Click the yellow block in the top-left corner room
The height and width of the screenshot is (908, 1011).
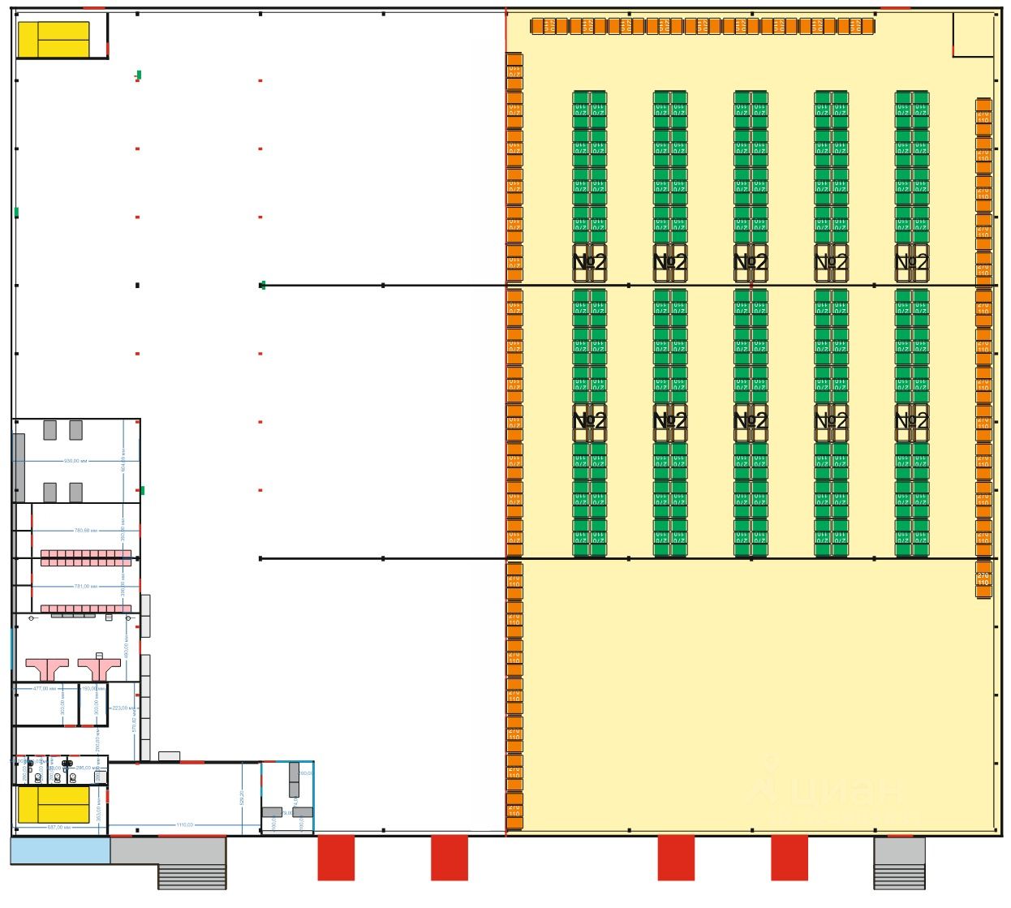point(54,39)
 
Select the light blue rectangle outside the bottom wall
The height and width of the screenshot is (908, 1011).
point(59,850)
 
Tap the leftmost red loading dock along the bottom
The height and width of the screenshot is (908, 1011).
point(336,857)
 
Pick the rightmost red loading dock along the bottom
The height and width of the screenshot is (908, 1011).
point(789,857)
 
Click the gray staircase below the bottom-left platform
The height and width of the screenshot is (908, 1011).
point(191,876)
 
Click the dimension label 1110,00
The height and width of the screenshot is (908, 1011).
point(184,825)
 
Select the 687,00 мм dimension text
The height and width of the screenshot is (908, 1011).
point(60,827)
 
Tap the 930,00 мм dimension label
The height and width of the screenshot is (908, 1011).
point(75,461)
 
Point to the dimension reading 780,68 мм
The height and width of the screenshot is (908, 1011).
point(85,531)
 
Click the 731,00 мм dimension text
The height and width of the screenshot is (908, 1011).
point(85,586)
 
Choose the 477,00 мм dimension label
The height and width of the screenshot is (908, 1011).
point(45,688)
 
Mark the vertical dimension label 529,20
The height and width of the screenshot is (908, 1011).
point(241,798)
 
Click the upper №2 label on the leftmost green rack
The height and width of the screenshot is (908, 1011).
point(589,262)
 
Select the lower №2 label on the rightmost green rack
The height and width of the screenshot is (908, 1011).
point(911,421)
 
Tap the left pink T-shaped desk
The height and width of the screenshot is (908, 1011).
point(48,667)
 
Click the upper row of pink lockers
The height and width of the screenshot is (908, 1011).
point(85,558)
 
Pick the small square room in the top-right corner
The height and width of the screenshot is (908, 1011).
point(972,34)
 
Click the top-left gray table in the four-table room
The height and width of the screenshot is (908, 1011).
point(50,429)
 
